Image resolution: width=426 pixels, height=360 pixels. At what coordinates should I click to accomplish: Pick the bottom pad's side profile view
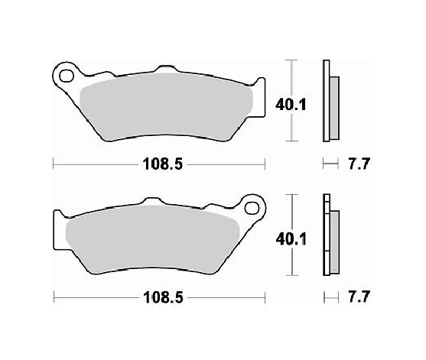[330, 238]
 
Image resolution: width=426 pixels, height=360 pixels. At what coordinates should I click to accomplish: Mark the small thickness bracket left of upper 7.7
[330, 163]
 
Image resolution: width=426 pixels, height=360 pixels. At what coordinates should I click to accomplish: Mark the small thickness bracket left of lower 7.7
[330, 296]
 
